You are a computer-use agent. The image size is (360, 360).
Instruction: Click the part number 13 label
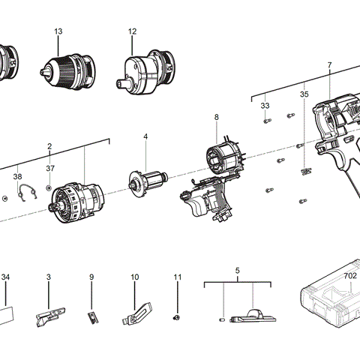pos(58,31)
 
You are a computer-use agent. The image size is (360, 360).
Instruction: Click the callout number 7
pos(328,65)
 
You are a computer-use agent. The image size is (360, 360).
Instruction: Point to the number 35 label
pos(304,95)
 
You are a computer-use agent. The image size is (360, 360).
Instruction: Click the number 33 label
pos(265,106)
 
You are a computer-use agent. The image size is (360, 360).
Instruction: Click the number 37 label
pos(49,168)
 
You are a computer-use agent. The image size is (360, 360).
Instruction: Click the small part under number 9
pos(92,316)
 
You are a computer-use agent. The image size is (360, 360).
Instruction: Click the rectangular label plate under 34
pos(6,313)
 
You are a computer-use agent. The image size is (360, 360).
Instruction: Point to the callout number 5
pos(237,269)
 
